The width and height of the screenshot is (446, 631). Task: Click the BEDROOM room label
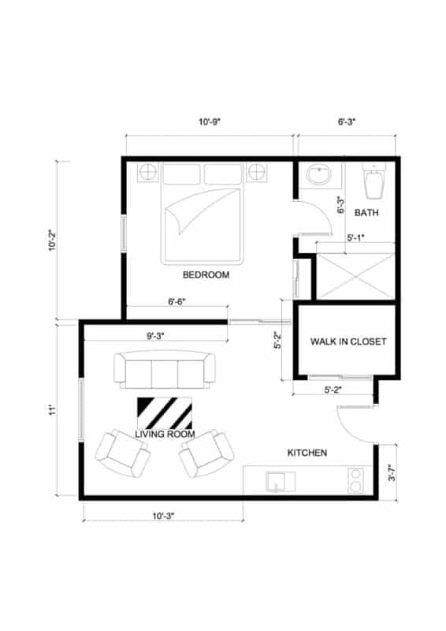click(x=206, y=275)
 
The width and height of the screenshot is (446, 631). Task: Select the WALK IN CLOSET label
click(x=348, y=342)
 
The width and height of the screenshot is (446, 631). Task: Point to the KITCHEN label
click(x=307, y=453)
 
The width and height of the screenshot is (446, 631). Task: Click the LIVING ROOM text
click(x=165, y=434)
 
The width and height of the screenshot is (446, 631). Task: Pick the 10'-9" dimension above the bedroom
click(x=209, y=122)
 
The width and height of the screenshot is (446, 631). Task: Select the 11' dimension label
click(x=49, y=410)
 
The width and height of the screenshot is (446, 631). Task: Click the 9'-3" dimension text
click(x=155, y=336)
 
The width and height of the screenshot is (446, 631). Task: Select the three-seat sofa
click(x=165, y=371)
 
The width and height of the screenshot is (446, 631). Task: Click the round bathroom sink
click(x=319, y=175)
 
